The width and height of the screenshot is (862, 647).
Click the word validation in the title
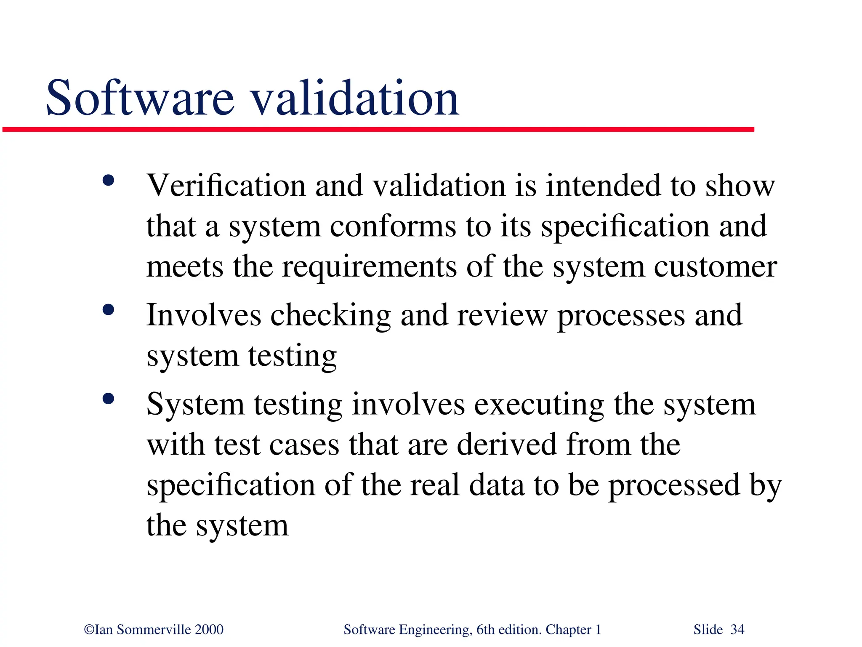pyautogui.click(x=355, y=98)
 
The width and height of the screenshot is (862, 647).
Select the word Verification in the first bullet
pyautogui.click(x=226, y=186)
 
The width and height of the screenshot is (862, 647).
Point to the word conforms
pyautogui.click(x=393, y=227)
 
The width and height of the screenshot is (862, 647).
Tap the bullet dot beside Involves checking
pyautogui.click(x=108, y=310)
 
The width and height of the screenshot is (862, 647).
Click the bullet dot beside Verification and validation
pyautogui.click(x=108, y=181)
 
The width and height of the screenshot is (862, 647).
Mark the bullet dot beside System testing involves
pyautogui.click(x=108, y=399)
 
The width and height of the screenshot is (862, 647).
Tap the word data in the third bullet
pyautogui.click(x=497, y=485)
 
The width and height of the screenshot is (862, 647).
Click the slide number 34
pyautogui.click(x=737, y=630)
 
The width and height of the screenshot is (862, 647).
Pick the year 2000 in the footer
pyautogui.click(x=209, y=630)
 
